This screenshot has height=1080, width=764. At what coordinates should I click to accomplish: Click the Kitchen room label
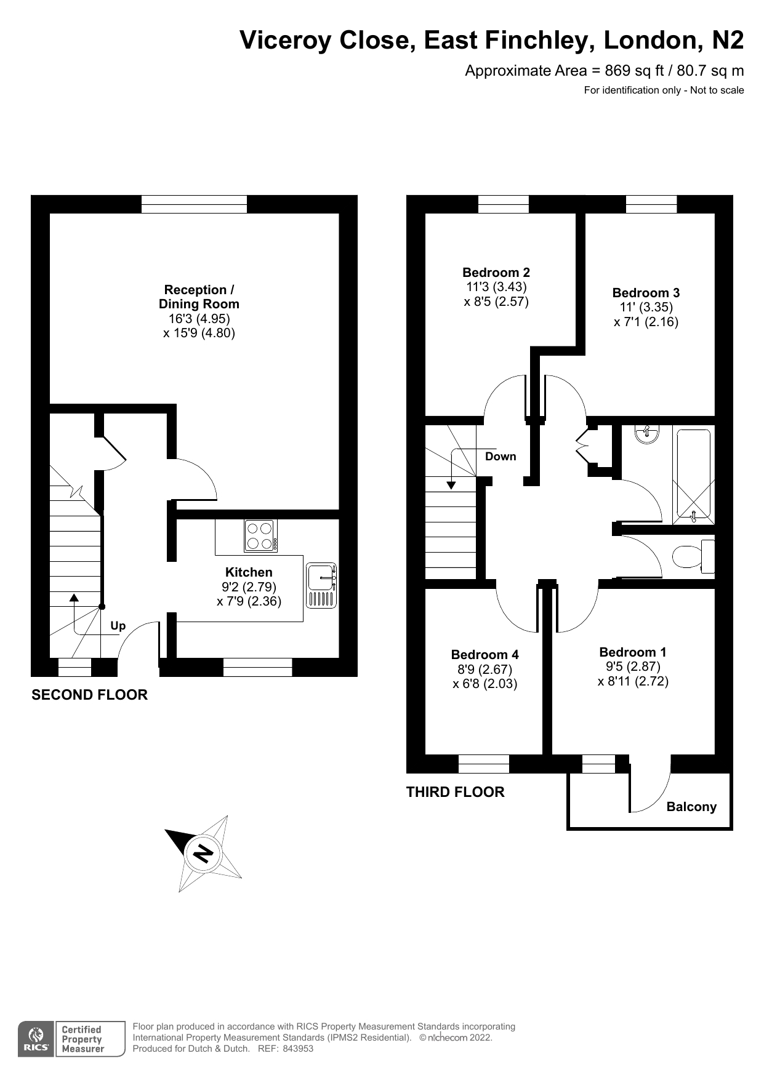[x=249, y=572]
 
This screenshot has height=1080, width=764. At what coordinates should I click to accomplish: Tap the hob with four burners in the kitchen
[x=260, y=536]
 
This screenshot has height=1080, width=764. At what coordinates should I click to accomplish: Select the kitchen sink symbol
[x=321, y=585]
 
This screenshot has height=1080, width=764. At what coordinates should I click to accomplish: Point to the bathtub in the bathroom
[x=693, y=473]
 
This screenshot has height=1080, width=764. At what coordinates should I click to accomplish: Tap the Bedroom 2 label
[x=496, y=273]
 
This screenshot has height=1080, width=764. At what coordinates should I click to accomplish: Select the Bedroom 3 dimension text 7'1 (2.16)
[x=646, y=322]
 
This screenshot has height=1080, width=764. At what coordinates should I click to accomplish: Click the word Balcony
[x=691, y=807]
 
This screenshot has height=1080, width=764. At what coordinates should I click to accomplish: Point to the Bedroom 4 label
[x=485, y=655]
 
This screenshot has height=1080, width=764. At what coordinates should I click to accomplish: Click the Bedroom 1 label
[x=632, y=652]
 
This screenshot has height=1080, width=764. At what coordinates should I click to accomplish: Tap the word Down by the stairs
[x=501, y=457]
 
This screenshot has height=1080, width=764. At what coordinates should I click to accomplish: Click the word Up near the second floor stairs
[x=118, y=626]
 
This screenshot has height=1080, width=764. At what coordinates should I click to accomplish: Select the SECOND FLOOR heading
[x=90, y=695]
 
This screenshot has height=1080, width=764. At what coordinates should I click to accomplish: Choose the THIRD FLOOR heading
[x=456, y=792]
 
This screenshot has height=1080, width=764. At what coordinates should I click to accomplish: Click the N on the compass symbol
[x=203, y=854]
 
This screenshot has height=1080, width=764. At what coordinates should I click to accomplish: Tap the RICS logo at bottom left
[x=36, y=1039]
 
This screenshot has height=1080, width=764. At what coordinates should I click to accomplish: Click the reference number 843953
[x=298, y=1049]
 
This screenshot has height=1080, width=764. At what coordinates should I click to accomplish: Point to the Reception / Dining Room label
[x=199, y=297]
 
